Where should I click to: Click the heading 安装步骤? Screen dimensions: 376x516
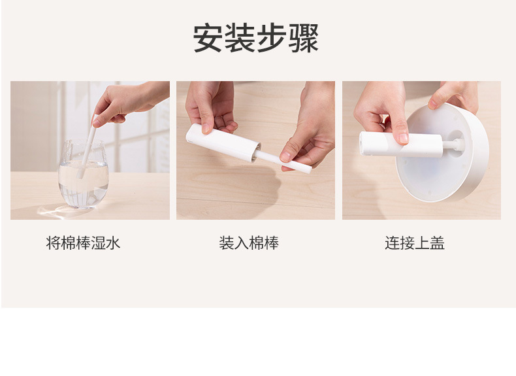(x=256, y=39)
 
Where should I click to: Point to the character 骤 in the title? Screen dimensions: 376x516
(x=304, y=39)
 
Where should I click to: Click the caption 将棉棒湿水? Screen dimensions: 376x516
(x=84, y=244)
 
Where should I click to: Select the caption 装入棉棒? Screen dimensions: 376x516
(x=249, y=244)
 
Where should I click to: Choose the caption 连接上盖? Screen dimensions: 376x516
(x=415, y=244)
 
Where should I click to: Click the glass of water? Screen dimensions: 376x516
(x=83, y=177)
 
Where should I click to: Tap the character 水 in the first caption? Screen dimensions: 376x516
(x=114, y=244)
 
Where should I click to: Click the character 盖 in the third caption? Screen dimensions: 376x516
(x=438, y=244)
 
